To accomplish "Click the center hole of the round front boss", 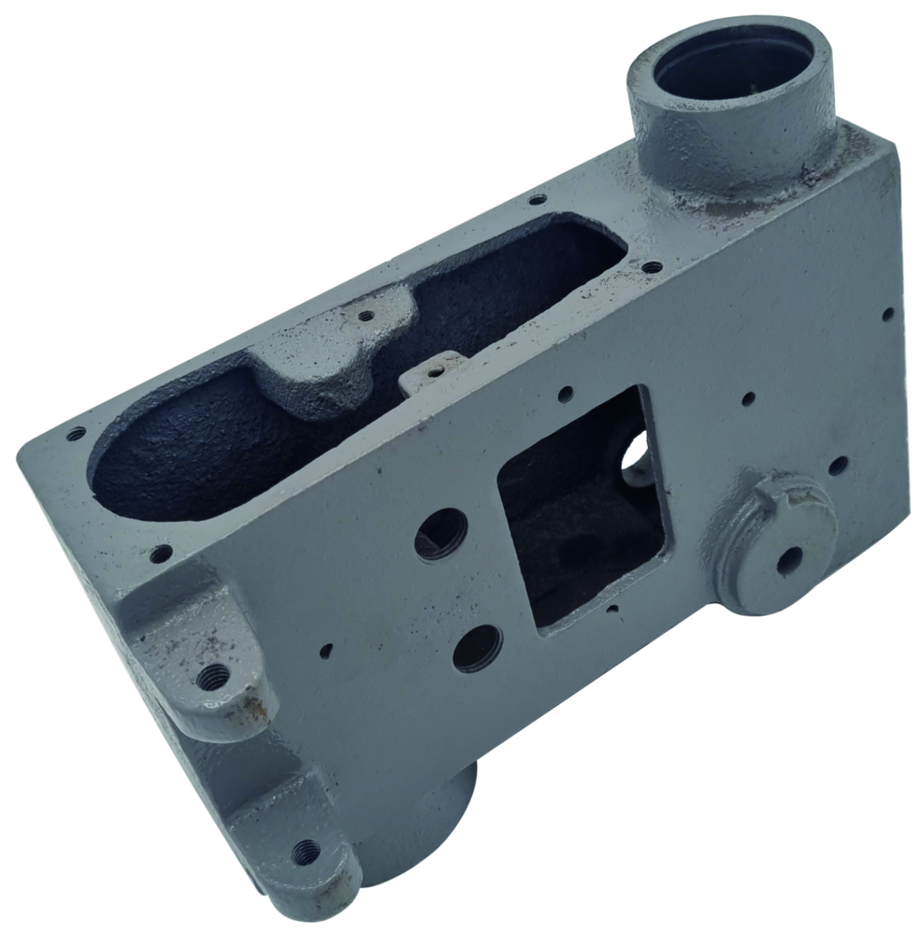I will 790,560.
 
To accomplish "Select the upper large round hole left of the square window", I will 440,534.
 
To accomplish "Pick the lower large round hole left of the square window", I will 477,647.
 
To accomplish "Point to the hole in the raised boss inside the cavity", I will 366,316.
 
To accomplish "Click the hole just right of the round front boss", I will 839,464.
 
